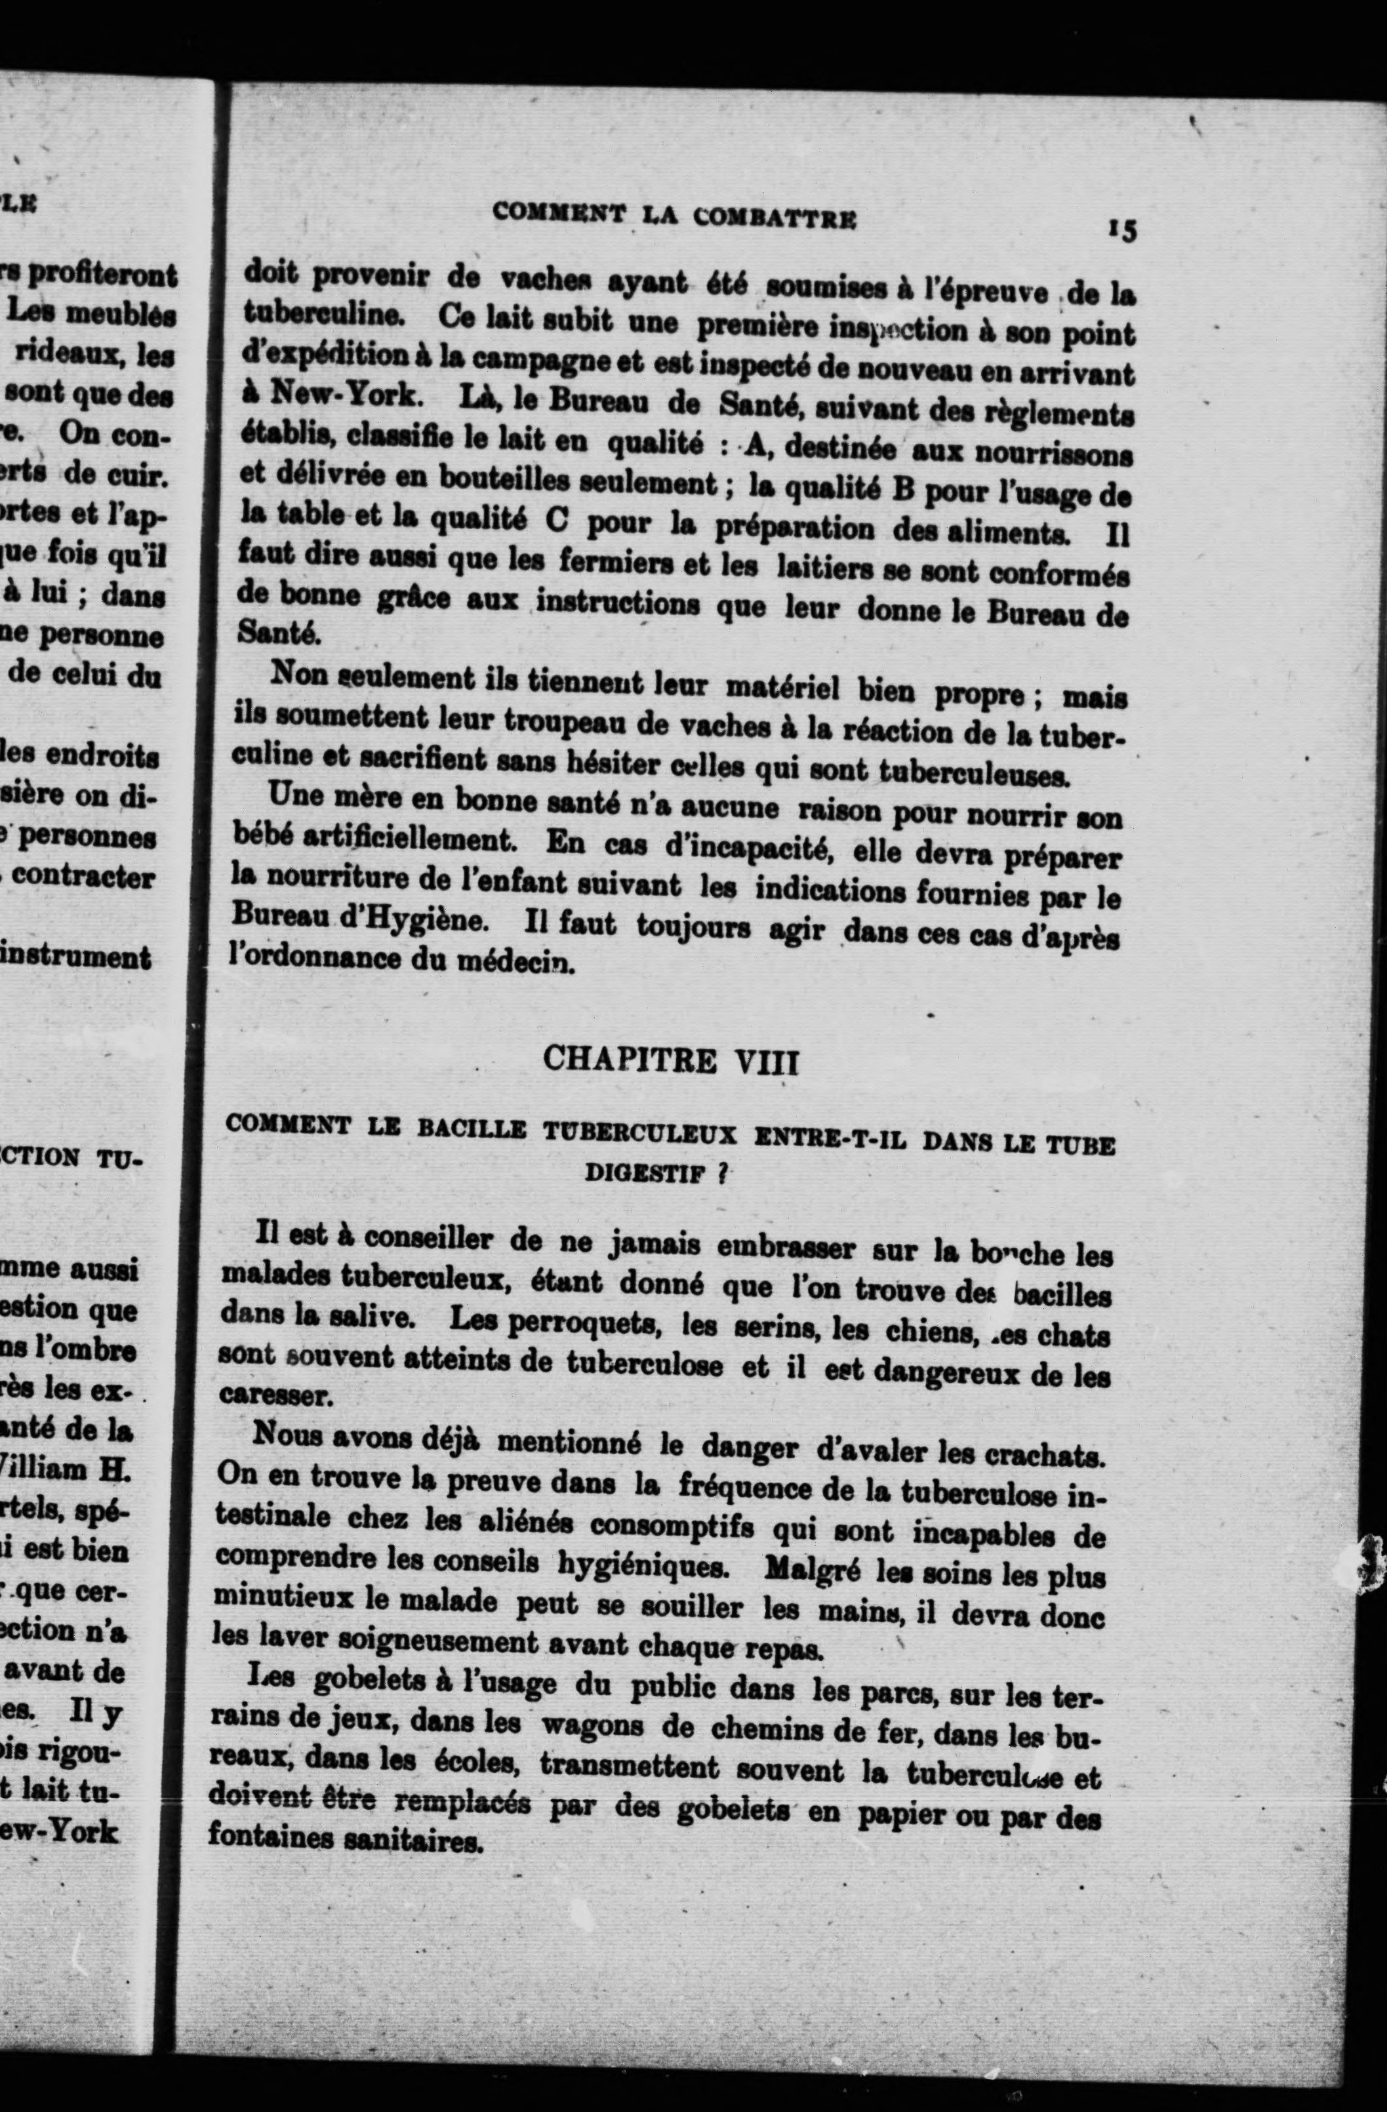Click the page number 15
click(x=1121, y=230)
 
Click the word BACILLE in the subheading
click(x=472, y=1130)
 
